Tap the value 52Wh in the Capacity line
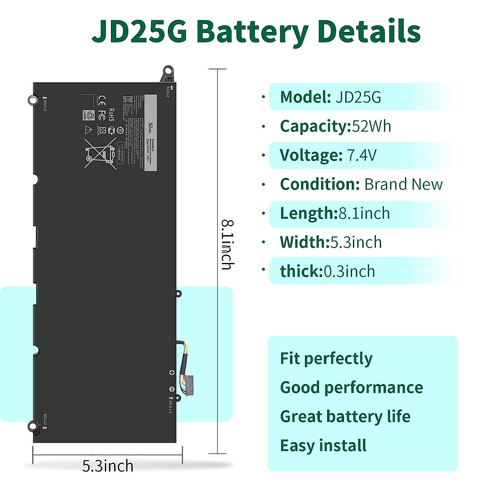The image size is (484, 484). click(371, 126)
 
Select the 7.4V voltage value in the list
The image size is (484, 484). click(361, 155)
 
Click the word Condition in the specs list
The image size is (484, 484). click(319, 184)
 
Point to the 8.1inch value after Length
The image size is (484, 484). click(364, 213)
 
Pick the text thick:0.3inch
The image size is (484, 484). click(328, 271)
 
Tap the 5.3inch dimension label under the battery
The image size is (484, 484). click(108, 466)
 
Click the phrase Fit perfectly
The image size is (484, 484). click(326, 359)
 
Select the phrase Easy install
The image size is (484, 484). click(323, 446)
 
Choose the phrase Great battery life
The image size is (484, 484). click(345, 417)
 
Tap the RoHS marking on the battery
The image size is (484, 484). click(111, 115)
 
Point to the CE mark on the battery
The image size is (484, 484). click(102, 99)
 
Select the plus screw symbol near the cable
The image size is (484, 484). click(171, 373)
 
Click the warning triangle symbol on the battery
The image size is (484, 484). click(89, 129)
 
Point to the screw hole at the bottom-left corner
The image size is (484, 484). click(32, 426)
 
